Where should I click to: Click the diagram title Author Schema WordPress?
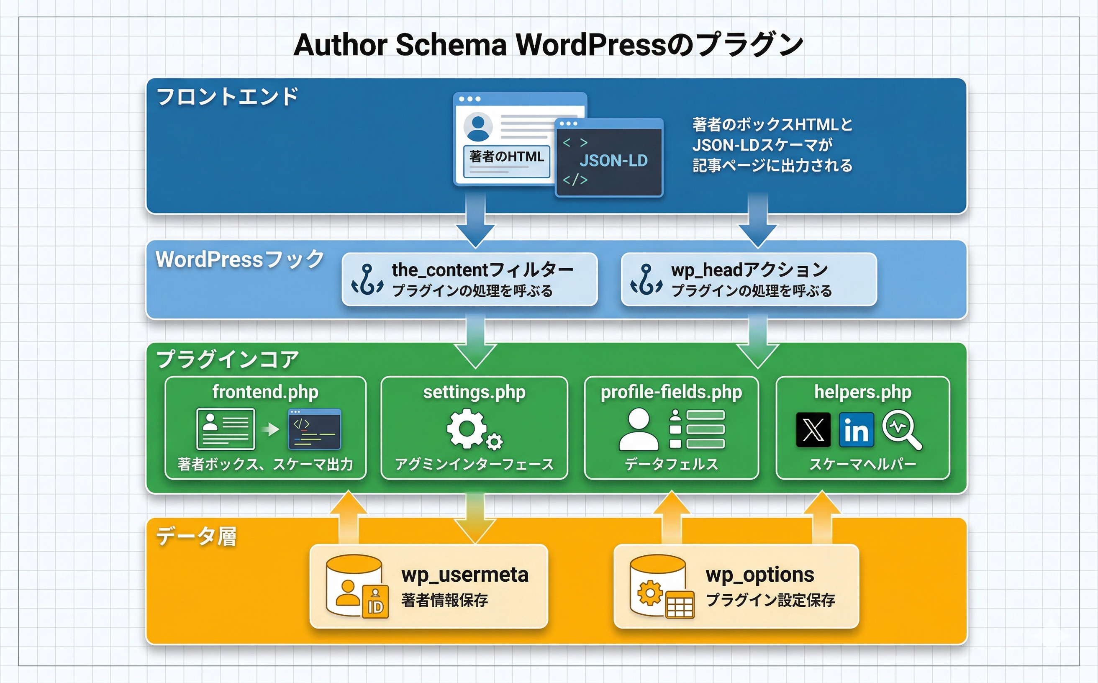(548, 45)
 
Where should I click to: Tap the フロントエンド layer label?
(227, 97)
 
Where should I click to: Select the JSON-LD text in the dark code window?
(613, 161)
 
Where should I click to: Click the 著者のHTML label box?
(506, 158)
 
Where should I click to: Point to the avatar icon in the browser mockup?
(478, 127)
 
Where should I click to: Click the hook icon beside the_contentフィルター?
(367, 280)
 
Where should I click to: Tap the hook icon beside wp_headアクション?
(646, 280)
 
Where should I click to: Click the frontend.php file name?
(265, 392)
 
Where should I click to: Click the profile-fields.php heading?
(671, 392)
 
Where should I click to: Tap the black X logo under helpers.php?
(813, 429)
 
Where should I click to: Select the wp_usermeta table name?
(465, 575)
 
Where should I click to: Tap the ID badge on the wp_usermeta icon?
(375, 603)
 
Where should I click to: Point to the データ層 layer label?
(196, 537)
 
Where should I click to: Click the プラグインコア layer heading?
(227, 359)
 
